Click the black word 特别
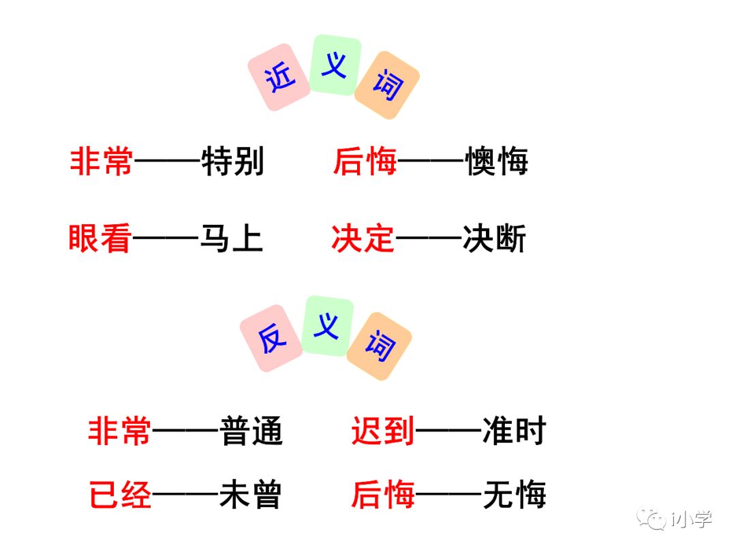[x=232, y=163]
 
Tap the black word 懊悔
[x=496, y=163]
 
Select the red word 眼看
[x=99, y=239]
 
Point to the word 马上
[x=231, y=239]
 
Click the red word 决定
[x=363, y=239]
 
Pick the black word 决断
[x=494, y=239]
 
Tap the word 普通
[x=251, y=431]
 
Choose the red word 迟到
[x=382, y=431]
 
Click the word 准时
[x=514, y=431]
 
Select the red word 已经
[x=120, y=495]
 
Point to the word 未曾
[x=250, y=495]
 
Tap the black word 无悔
[x=514, y=495]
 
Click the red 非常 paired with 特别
[x=102, y=163]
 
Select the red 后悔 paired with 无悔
[x=382, y=495]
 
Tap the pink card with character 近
[x=279, y=77]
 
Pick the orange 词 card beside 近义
[x=386, y=85]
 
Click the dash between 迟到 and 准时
[x=448, y=431]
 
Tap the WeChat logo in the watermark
[x=656, y=520]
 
